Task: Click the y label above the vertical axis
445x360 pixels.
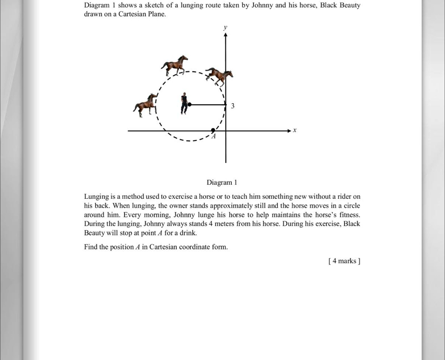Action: point(225,28)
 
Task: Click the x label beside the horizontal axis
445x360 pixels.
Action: point(294,130)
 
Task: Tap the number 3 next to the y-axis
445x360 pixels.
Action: point(233,106)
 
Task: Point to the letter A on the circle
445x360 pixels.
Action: point(214,136)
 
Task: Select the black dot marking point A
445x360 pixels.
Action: point(213,130)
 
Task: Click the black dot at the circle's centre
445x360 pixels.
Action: point(190,104)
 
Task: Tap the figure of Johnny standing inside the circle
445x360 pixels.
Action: point(184,104)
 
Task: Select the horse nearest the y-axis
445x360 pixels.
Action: point(219,76)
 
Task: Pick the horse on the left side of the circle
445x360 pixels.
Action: point(145,105)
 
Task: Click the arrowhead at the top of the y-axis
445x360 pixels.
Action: point(225,35)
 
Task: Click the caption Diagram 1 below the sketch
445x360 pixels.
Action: point(222,182)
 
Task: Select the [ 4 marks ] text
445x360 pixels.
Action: point(344,261)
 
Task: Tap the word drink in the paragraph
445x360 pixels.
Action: point(188,233)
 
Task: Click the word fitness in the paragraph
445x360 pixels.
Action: point(349,215)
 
